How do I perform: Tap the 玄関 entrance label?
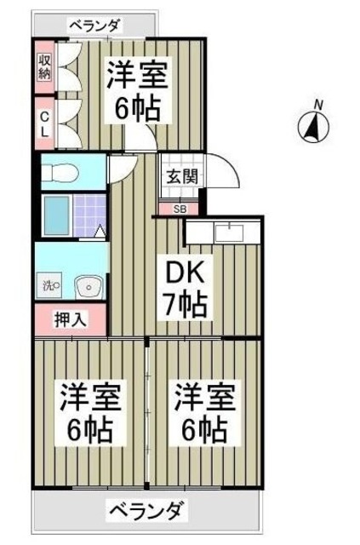point(180,178)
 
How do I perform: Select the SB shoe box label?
point(180,208)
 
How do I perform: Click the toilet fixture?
point(60,172)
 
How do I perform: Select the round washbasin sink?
point(86,288)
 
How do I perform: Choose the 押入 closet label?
point(71,321)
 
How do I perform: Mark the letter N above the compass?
point(317,105)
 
